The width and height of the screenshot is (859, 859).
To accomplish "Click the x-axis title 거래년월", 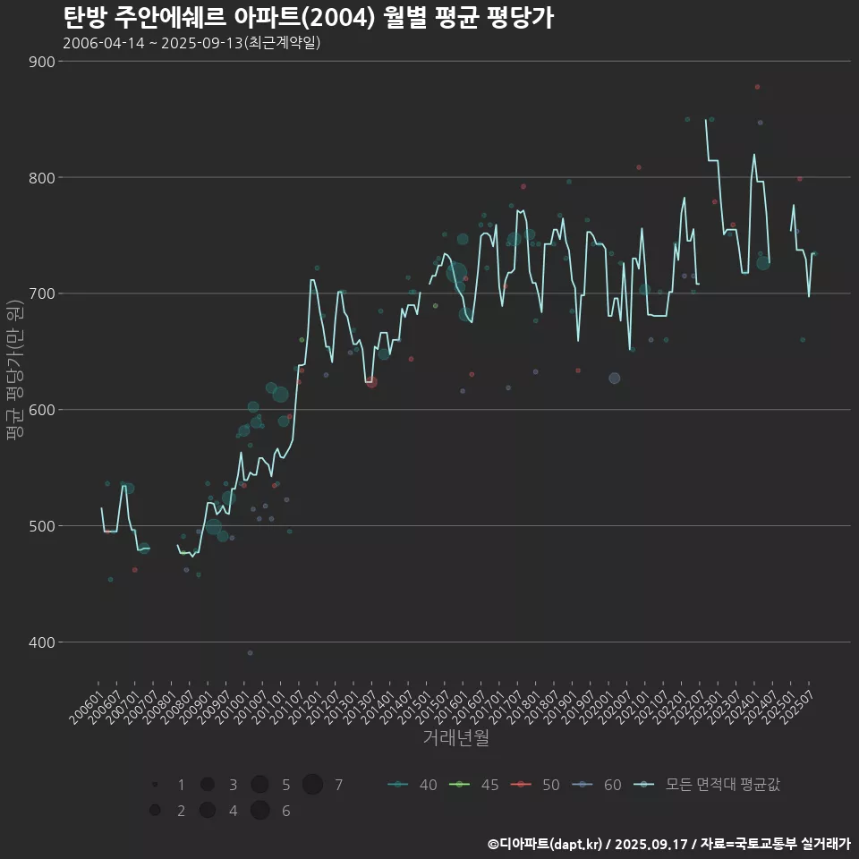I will click(x=455, y=738).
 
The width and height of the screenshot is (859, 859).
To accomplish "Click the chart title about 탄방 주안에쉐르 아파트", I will click(x=309, y=18).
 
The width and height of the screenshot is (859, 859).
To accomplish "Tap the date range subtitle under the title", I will click(x=191, y=43).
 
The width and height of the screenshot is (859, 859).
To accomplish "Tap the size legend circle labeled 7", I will click(x=312, y=785).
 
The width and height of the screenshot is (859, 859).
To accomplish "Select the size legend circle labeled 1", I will click(x=155, y=785).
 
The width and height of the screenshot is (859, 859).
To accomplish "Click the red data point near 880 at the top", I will click(x=757, y=87).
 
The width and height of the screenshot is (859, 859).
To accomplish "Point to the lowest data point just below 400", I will click(x=251, y=653).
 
